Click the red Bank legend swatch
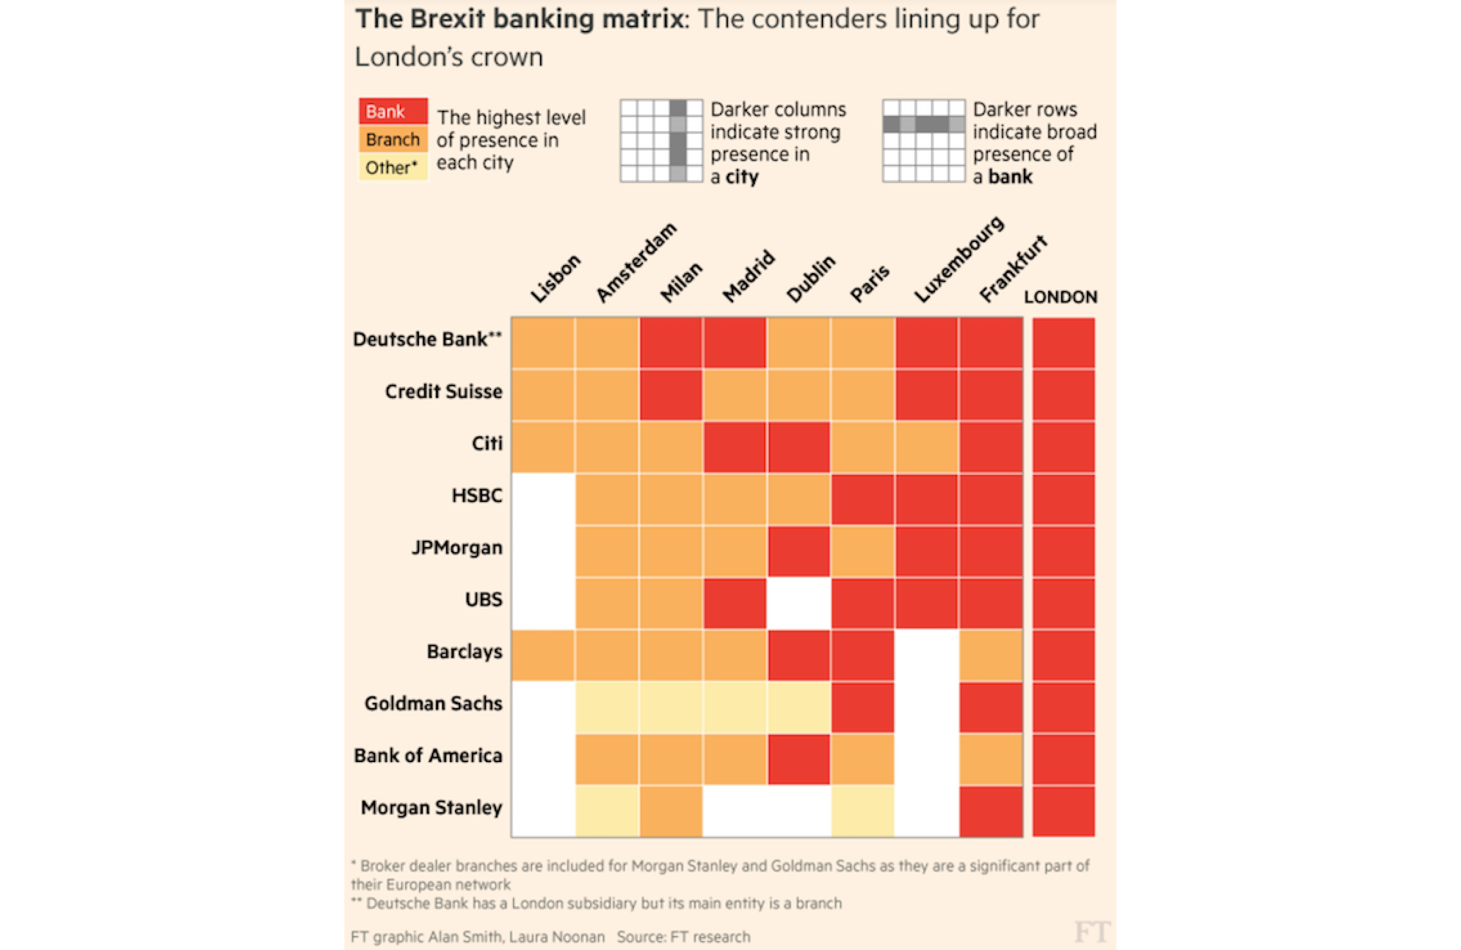(393, 112)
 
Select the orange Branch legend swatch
(393, 139)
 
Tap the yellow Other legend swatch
(393, 167)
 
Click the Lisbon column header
(556, 279)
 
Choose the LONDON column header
(1060, 297)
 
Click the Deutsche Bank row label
(427, 339)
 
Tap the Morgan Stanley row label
(432, 807)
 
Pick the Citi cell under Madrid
(735, 447)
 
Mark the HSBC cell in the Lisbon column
(543, 499)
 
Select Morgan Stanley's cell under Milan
(671, 811)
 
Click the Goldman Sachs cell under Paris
(863, 707)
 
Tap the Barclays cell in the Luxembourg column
(927, 655)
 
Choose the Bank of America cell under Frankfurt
(991, 759)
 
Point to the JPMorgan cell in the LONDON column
(1063, 551)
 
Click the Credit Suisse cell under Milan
(671, 395)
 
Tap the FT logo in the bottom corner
(1092, 932)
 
